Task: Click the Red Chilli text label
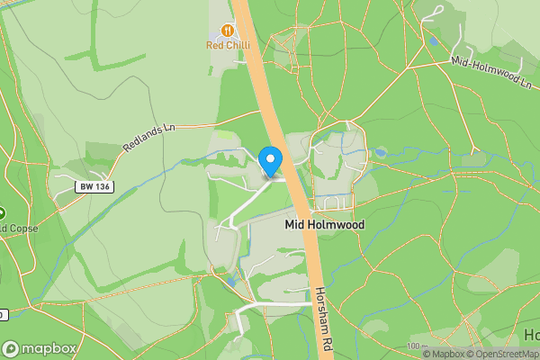click(x=228, y=45)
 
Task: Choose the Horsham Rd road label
click(x=325, y=320)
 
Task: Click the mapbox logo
click(x=40, y=348)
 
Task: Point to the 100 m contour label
click(x=413, y=346)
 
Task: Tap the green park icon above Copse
click(x=2, y=214)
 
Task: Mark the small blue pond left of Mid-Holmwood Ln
click(x=436, y=40)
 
